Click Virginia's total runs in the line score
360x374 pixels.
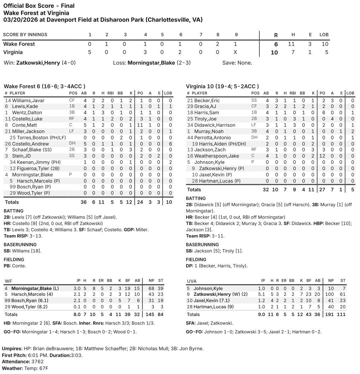point(274,53)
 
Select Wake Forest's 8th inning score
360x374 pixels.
point(218,44)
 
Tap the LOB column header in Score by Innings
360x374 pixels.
point(324,35)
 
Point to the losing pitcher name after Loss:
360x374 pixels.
point(151,63)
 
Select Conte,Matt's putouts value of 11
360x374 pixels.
point(140,125)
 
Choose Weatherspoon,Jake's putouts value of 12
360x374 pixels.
point(322,156)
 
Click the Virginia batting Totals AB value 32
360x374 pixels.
point(266,190)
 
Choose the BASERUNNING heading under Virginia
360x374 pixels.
point(202,244)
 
